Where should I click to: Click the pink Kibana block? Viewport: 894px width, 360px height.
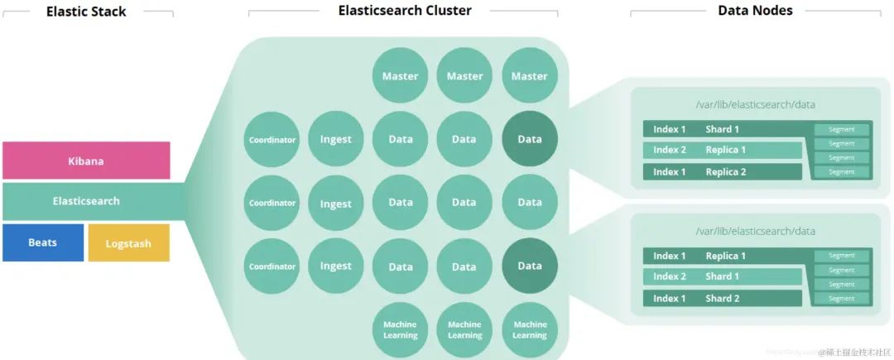coord(86,161)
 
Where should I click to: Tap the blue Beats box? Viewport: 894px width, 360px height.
coord(43,242)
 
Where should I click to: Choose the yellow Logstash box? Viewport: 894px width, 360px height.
coord(128,242)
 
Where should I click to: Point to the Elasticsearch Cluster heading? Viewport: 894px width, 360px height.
coord(404,11)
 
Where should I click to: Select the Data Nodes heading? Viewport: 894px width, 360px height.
coord(754,11)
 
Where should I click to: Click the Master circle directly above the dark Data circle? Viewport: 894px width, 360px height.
coord(529,76)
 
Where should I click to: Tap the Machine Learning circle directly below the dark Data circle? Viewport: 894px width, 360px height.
coord(529,330)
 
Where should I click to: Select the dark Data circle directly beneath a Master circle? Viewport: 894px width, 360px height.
coord(529,139)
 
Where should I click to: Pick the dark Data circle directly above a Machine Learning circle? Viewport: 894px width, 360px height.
coord(529,266)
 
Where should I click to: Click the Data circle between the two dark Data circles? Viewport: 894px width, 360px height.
coord(529,202)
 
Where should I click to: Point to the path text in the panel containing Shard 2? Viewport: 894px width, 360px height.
coord(754,231)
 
